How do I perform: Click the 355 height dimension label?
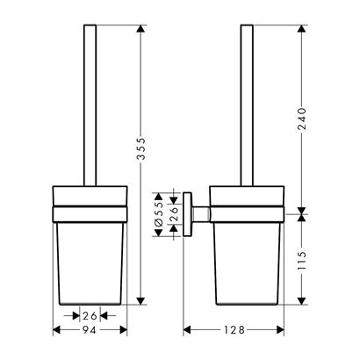tap(141, 148)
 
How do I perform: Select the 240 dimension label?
tap(301, 119)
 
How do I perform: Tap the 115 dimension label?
tap(301, 260)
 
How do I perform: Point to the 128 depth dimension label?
tap(234, 330)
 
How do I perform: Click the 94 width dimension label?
tap(90, 330)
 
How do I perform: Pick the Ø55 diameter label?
tap(158, 215)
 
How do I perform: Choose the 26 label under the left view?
tap(90, 316)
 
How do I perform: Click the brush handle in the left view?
tap(90, 105)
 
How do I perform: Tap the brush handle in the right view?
tap(247, 105)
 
